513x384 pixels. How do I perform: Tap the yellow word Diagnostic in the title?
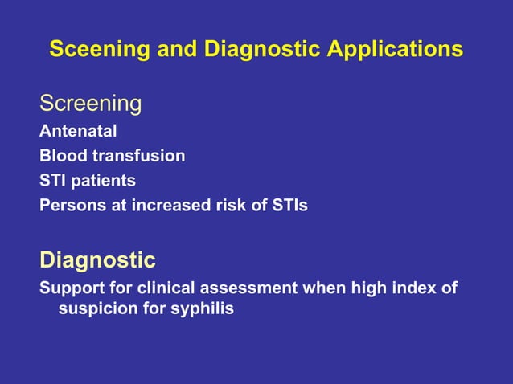point(255,50)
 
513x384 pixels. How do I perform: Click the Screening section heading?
point(91,104)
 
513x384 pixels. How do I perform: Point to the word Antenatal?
point(78,131)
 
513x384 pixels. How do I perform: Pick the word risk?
point(231,205)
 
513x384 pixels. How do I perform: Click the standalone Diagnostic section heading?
point(97,260)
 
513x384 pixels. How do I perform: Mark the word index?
point(408,288)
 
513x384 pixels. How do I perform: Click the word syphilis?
point(202,308)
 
